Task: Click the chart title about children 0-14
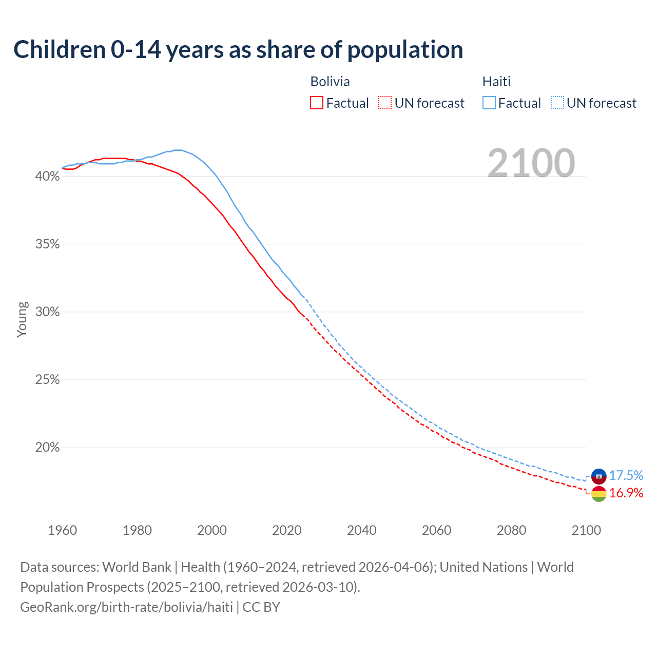pos(238,50)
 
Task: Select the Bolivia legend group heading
pos(330,82)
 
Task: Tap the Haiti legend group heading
pos(496,82)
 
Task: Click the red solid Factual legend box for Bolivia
pos(317,103)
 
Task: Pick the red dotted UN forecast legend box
pos(385,103)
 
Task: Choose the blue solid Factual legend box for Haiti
pos(489,103)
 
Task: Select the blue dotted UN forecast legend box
pos(557,103)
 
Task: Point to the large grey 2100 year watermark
pos(531,163)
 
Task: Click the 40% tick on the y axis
pos(47,177)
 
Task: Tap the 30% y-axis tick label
pos(47,312)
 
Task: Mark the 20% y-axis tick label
pos(47,448)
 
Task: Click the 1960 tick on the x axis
pos(62,530)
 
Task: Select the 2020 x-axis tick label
pos(287,530)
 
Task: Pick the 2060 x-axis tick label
pos(436,530)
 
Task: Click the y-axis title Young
pos(22,319)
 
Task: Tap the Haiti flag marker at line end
pos(599,476)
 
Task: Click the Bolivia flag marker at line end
pos(599,494)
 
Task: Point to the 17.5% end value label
pos(626,476)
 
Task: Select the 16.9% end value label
pos(626,493)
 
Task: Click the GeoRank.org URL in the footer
pos(126,607)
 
